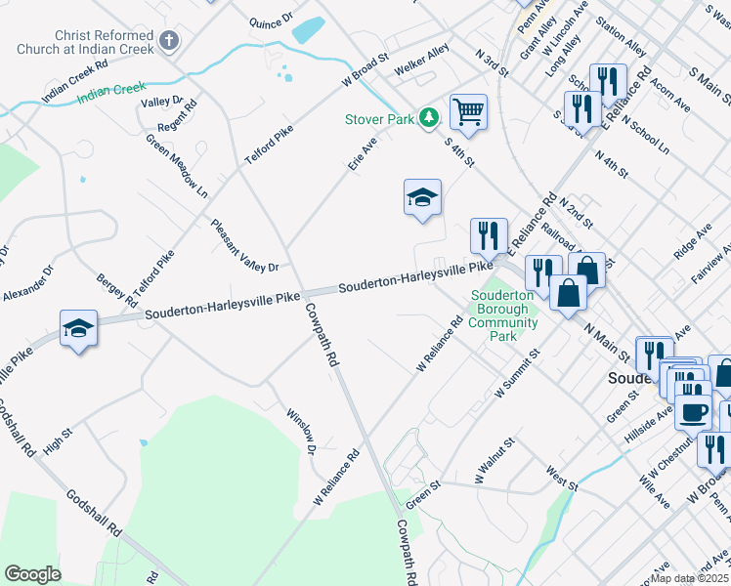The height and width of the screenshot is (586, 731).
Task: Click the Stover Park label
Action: tap(378, 119)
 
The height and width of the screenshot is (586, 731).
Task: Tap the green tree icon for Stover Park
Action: tap(427, 118)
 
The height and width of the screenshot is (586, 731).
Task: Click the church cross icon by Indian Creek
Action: tap(169, 41)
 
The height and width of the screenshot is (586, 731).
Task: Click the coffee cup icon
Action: tap(693, 412)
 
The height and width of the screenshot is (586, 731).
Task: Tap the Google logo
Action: tap(33, 574)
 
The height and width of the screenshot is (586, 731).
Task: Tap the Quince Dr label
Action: tap(271, 20)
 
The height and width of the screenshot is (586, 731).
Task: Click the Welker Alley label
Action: tap(421, 66)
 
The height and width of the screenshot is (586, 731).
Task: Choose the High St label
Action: tap(58, 431)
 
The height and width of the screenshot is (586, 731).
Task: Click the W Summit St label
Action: tap(518, 373)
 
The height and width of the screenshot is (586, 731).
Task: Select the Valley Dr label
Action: tap(162, 102)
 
